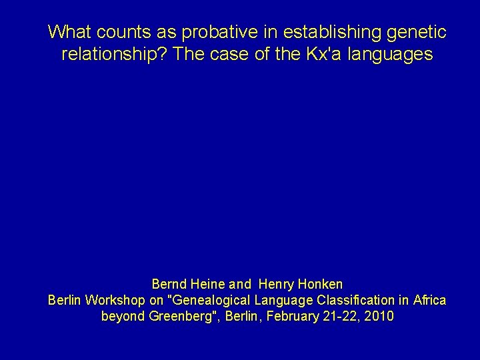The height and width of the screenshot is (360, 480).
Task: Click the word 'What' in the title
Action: tap(67, 31)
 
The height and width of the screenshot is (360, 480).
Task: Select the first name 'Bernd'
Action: tap(170, 285)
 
